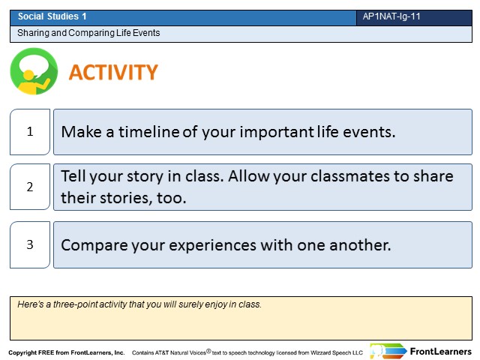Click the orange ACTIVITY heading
[113, 72]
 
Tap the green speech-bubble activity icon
[34, 71]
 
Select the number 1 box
[30, 132]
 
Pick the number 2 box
[30, 187]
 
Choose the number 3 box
[30, 245]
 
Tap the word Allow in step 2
[248, 176]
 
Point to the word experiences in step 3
[212, 245]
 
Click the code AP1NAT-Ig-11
[391, 16]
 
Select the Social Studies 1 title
[52, 16]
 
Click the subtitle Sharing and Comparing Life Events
[88, 33]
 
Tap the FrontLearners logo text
[441, 352]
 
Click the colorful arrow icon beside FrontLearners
[388, 351]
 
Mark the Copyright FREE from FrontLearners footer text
[67, 352]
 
